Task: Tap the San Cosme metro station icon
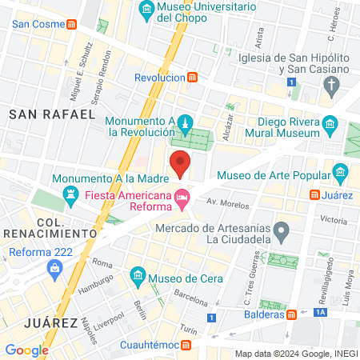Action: pos(72,24)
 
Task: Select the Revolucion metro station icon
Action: pos(193,78)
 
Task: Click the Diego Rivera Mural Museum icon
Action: pos(331,124)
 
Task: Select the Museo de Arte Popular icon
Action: pos(342,170)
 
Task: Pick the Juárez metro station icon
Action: pos(317,194)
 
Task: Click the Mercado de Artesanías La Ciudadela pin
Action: pos(281,231)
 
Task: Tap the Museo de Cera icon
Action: pos(138,278)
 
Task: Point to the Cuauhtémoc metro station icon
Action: pos(186,345)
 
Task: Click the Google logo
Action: pos(26,350)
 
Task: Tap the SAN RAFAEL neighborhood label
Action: pos(52,115)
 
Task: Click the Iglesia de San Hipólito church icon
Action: pos(339,83)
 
